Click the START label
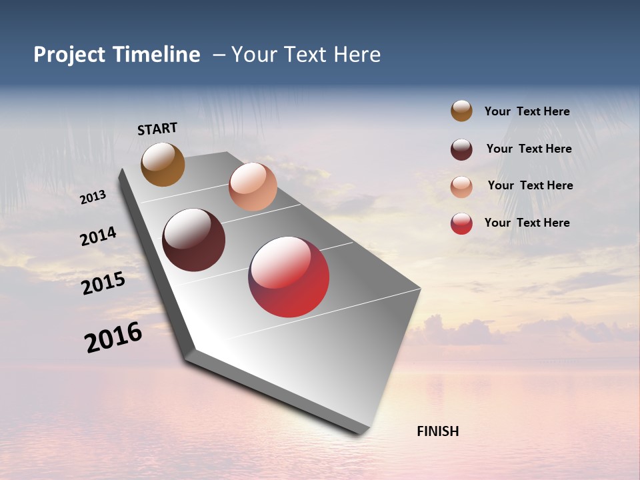(x=157, y=129)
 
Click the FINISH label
(x=437, y=431)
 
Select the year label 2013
(x=93, y=197)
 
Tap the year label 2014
(x=98, y=237)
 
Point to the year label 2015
(x=103, y=283)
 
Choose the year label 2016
(x=113, y=337)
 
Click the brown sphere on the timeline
(x=163, y=164)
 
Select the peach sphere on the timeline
(x=253, y=187)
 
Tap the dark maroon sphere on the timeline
(x=193, y=240)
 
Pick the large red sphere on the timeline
(x=289, y=277)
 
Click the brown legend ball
(x=461, y=111)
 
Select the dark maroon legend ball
(x=461, y=149)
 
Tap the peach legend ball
(x=461, y=187)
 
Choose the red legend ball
(x=461, y=223)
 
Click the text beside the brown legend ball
(x=527, y=111)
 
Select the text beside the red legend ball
(x=527, y=223)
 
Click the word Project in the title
(x=69, y=55)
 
